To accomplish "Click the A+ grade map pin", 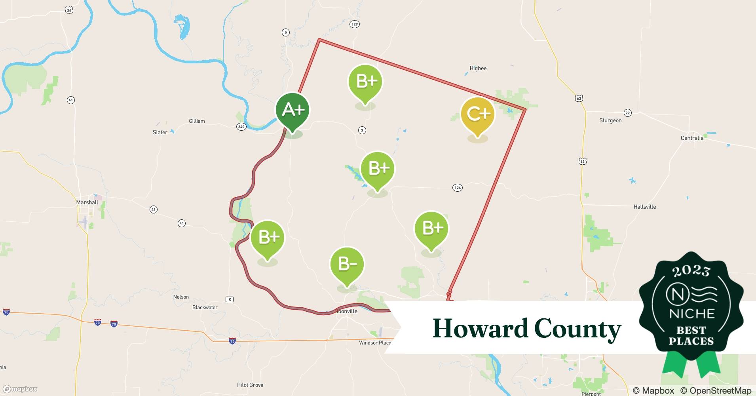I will coord(293,111).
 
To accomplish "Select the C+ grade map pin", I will coord(478,115).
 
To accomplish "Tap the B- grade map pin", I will coord(347,265).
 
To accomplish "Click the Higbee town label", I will coord(478,69).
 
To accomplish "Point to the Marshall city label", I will coord(87,202).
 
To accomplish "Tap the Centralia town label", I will coord(692,138).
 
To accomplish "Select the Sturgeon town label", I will coord(610,120).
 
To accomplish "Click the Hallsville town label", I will coord(644,207).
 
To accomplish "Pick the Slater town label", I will coord(160,132).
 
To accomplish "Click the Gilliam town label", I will coord(197,121).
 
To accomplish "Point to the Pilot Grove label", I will coord(250,385).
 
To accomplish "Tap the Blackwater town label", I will coord(205,307).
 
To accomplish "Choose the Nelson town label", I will coord(181,297).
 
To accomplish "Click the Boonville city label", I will coord(346,311).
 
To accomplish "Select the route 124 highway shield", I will coord(458,188).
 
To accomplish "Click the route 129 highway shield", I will coord(354,24).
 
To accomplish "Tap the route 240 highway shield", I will coord(241,127).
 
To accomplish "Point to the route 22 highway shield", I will coord(627,113).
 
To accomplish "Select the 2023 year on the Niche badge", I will coord(691,271).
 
